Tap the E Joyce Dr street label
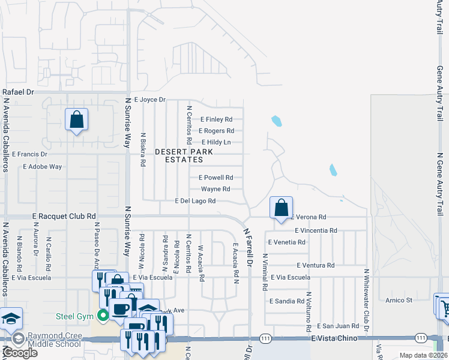click(x=149, y=100)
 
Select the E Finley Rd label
click(x=216, y=119)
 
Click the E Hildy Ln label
click(x=216, y=142)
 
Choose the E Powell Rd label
click(x=215, y=178)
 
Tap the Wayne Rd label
click(x=215, y=189)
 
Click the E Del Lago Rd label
click(x=195, y=201)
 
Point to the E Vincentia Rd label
click(x=316, y=230)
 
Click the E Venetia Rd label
click(x=287, y=242)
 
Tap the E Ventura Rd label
click(x=315, y=265)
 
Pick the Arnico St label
click(x=400, y=300)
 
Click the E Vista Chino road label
click(x=334, y=338)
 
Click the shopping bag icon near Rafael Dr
click(x=77, y=120)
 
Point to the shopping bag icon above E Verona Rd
click(x=281, y=208)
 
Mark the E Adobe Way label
click(x=42, y=167)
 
